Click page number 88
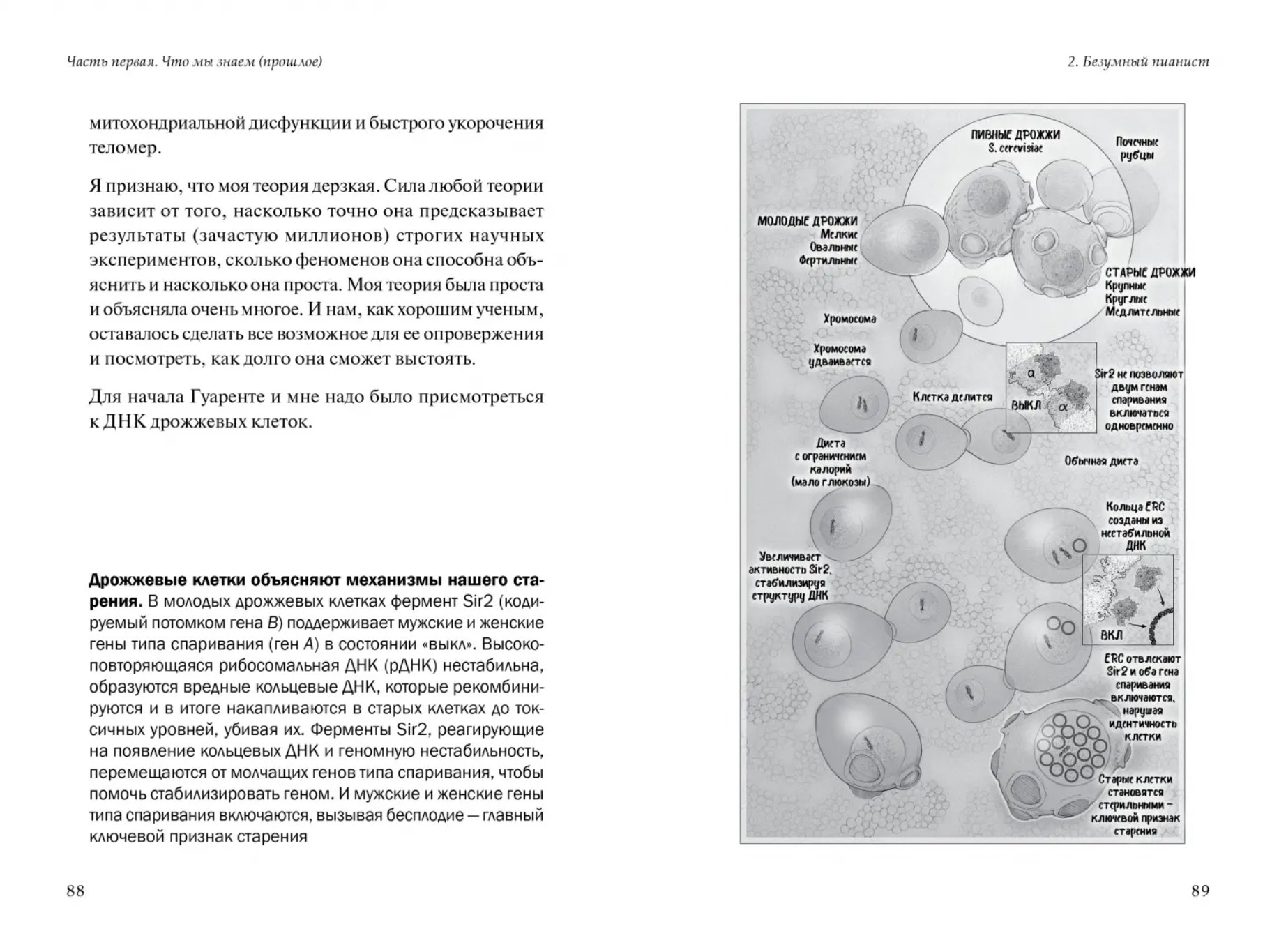[x=75, y=891]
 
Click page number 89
[x=1199, y=891]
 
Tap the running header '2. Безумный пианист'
[x=1138, y=62]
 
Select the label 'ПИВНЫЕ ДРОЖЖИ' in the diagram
[x=1015, y=135]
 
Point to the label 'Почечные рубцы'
[x=1137, y=149]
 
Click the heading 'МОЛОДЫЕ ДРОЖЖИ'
[x=808, y=221]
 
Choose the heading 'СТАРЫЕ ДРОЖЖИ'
[x=1150, y=273]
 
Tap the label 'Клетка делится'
[x=952, y=397]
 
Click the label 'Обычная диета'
[x=1100, y=461]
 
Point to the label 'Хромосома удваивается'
[x=840, y=355]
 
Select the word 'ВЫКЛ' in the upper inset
[x=1026, y=405]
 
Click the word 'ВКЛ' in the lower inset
[x=1112, y=635]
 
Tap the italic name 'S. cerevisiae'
[x=1015, y=149]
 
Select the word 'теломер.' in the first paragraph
[x=125, y=148]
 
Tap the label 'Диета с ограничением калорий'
[x=830, y=462]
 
